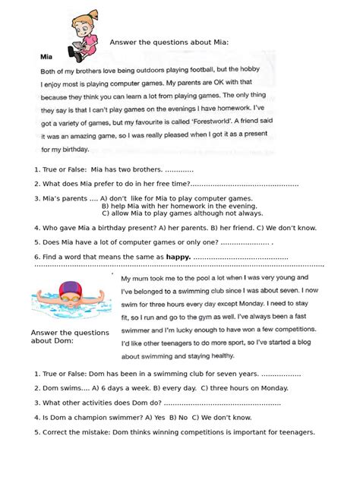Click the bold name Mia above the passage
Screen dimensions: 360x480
(x=46, y=55)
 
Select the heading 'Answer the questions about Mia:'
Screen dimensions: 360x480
(x=169, y=42)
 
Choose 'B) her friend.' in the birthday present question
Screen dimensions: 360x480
(x=232, y=227)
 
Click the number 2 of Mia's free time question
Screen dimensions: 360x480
(x=36, y=184)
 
